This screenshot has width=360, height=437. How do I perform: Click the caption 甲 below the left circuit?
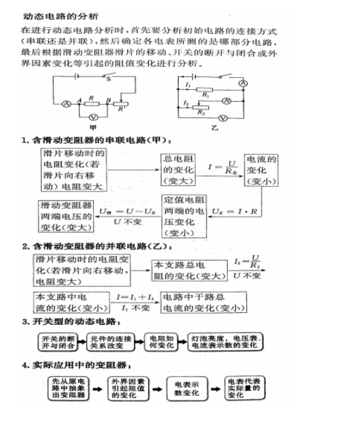tap(92, 127)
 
